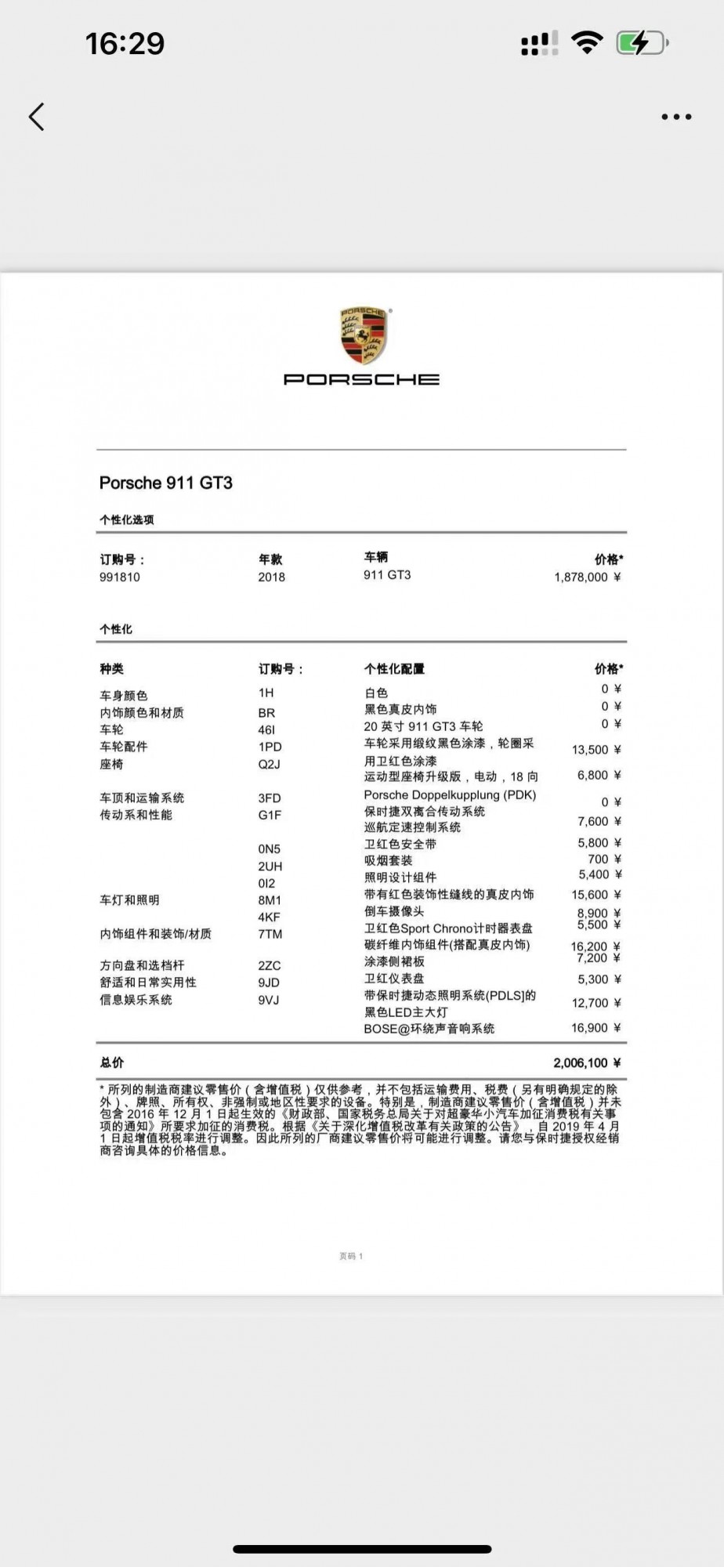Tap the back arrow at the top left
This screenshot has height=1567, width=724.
coord(37,117)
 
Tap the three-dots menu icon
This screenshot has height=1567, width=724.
coord(676,117)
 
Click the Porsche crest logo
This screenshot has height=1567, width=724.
coord(363,335)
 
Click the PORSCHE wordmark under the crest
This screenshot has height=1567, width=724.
coord(361,379)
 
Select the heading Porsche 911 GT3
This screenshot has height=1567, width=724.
coord(166,483)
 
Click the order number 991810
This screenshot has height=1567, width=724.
coord(120,577)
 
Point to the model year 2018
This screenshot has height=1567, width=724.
coord(272,577)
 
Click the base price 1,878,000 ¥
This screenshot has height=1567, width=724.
coord(587,577)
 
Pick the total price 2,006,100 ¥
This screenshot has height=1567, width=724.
coord(587,1063)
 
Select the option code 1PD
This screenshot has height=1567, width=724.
coord(270,747)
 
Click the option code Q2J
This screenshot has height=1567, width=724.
coord(270,764)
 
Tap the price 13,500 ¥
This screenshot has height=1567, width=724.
coord(595,750)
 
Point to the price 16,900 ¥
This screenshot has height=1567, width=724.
coord(595,1028)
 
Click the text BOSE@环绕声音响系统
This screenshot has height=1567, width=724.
coord(429,1029)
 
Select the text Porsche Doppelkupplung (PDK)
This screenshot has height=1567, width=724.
coord(451,794)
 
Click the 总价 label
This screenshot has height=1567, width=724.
coord(112,1063)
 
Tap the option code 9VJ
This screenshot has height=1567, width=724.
coord(269,1000)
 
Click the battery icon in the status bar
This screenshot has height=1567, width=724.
coord(642,43)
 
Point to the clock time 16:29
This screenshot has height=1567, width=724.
coord(125,44)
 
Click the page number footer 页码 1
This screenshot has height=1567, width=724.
coord(351,1256)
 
